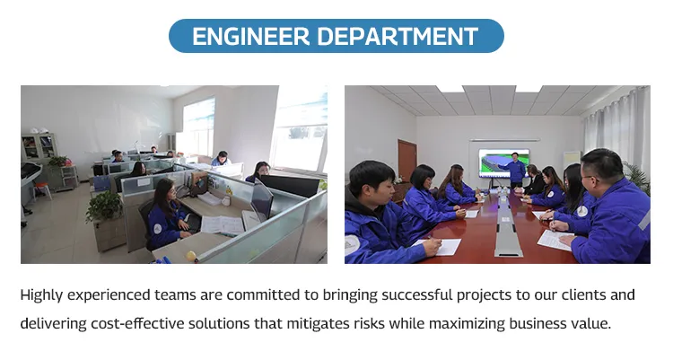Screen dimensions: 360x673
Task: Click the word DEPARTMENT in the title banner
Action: pos(397,36)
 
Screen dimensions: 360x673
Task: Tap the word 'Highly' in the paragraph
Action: pos(42,295)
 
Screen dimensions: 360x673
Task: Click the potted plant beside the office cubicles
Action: pos(103,209)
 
